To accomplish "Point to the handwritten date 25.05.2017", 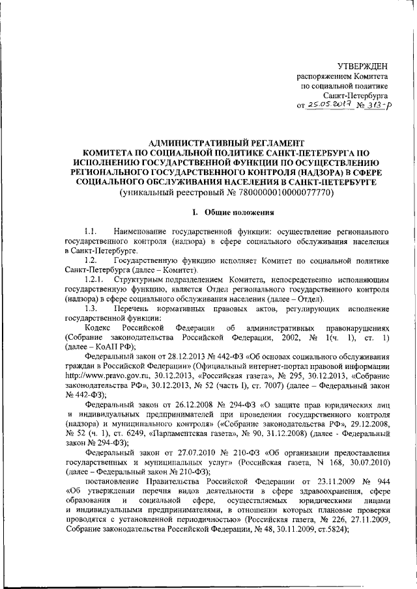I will pyautogui.click(x=328, y=105).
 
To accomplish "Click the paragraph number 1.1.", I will pyautogui.click(x=91, y=231).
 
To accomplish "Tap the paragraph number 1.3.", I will pyautogui.click(x=91, y=307).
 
